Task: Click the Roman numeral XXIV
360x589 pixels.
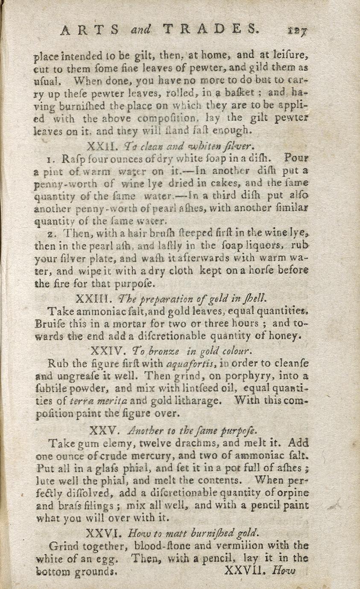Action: tap(107, 351)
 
